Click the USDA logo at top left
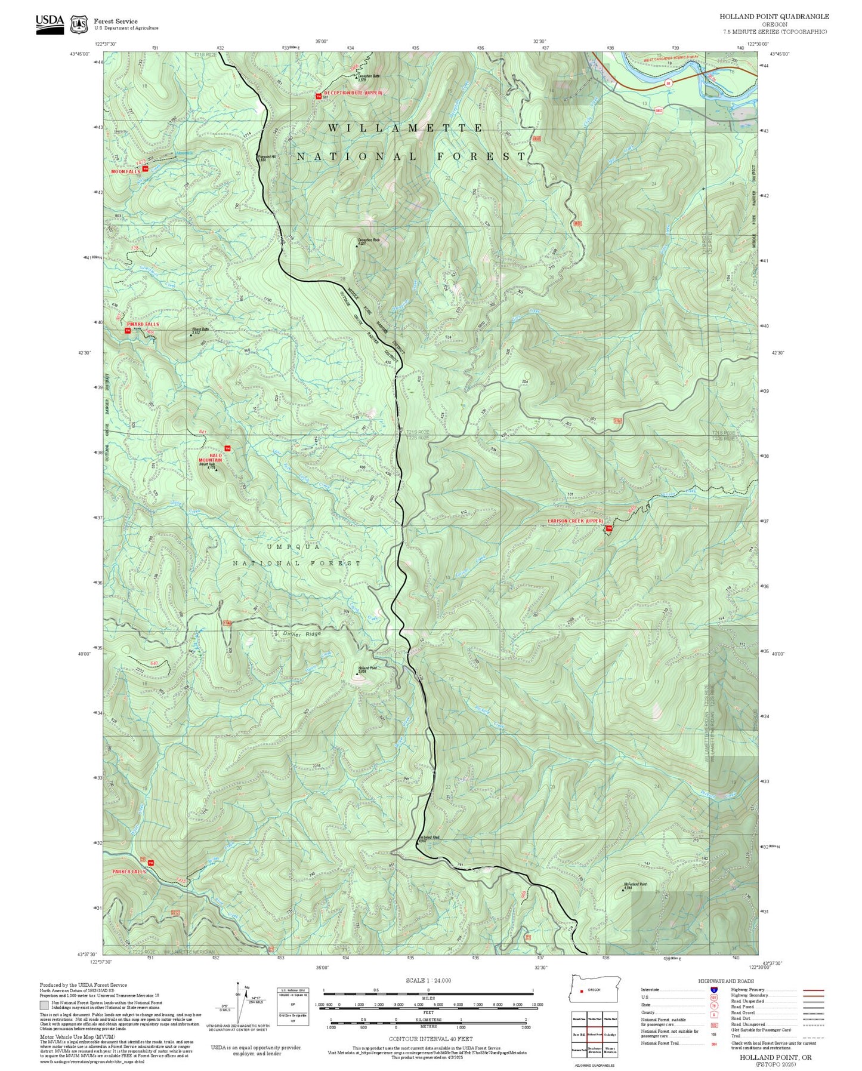tap(50, 23)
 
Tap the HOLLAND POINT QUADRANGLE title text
tap(774, 16)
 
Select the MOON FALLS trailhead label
tap(125, 171)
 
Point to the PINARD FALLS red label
tap(143, 324)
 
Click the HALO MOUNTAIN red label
tap(210, 458)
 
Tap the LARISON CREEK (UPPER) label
tap(576, 521)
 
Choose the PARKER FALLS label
tap(129, 872)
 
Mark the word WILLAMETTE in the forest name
tap(406, 128)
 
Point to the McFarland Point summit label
tap(635, 884)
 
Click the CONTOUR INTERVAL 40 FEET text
tap(430, 1039)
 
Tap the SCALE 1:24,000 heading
tap(428, 980)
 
